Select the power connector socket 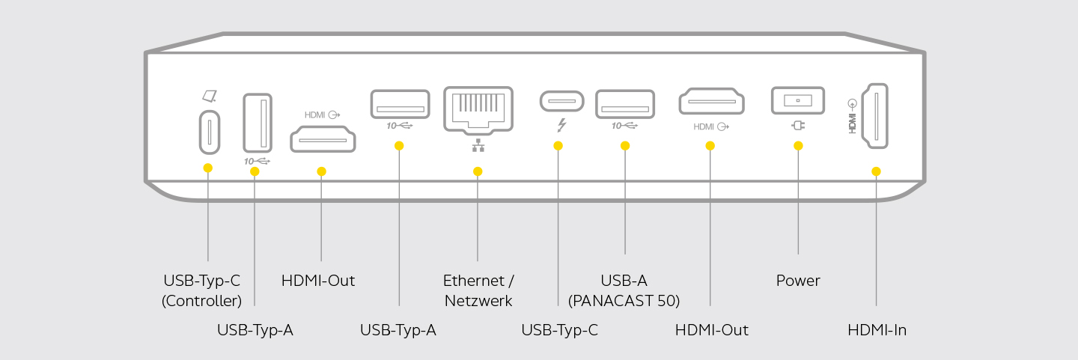pos(797,100)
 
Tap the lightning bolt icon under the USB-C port pos(558,125)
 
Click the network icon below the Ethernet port pos(478,146)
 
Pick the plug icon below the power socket pos(798,125)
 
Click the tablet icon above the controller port pos(208,97)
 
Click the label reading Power pos(798,281)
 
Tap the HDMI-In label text pos(877,329)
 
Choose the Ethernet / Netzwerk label pos(478,290)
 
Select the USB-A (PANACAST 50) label pos(624,290)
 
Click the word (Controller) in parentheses pos(202,301)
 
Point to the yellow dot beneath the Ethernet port pos(478,171)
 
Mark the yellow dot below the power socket pos(798,146)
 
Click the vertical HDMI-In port pos(874,115)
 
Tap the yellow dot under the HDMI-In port pos(876,171)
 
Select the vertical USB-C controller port pos(208,132)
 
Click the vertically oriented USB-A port pos(258,123)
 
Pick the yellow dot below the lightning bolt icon pos(558,146)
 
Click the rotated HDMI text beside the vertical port pos(852,119)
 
